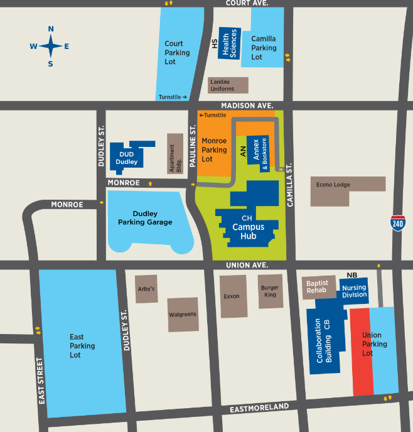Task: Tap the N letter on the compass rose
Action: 51,29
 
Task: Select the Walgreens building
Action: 183,314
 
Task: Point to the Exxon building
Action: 231,296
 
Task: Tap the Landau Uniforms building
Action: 228,85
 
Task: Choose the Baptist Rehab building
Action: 317,287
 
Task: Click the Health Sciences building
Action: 229,43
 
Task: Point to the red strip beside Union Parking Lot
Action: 361,352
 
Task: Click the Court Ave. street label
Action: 247,3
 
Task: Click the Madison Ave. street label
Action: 246,105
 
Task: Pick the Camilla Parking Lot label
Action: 264,48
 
